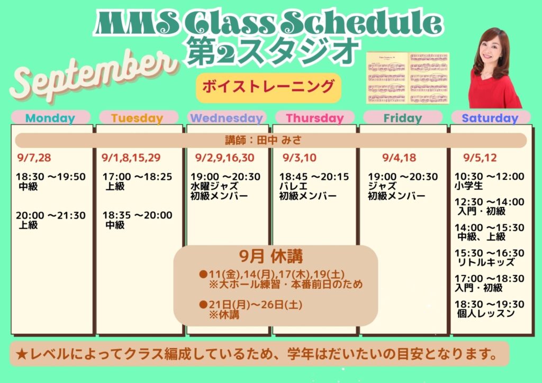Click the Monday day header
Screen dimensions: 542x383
click(50, 118)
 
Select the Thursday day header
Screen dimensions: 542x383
click(314, 118)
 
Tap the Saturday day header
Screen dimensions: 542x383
click(490, 118)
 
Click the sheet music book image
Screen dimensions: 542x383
click(408, 78)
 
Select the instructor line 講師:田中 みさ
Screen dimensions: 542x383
click(264, 140)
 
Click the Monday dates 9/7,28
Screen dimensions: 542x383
click(34, 158)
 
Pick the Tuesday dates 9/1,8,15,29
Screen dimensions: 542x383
click(131, 158)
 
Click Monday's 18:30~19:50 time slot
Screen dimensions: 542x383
click(51, 177)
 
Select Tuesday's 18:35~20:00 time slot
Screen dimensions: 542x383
click(137, 215)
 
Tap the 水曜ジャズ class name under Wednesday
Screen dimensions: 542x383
click(214, 186)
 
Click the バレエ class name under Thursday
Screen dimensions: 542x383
click(293, 186)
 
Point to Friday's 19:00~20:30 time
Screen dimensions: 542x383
click(403, 177)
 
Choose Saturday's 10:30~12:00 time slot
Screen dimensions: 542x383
click(490, 176)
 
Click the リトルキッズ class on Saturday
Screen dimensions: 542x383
click(486, 262)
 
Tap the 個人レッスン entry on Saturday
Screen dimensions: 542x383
click(486, 314)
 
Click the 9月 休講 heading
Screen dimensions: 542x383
click(271, 257)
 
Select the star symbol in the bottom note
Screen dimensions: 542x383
click(22, 354)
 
